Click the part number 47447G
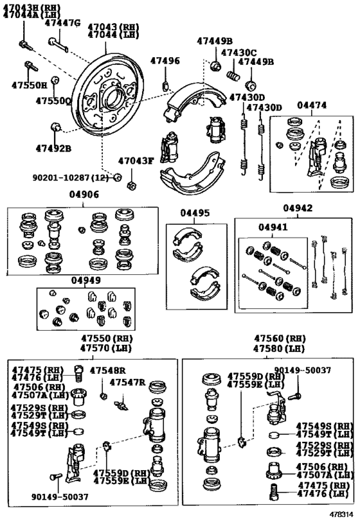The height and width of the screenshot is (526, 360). [x=63, y=23]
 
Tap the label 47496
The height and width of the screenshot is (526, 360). [x=165, y=61]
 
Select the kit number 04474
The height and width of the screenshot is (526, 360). [x=312, y=105]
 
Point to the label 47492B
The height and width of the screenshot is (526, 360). [x=54, y=148]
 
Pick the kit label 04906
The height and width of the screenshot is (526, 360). [x=84, y=195]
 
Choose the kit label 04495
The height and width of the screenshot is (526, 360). [x=195, y=213]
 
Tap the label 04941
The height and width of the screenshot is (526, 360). [x=273, y=227]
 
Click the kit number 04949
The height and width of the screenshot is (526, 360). [x=85, y=280]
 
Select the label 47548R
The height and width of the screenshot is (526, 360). [x=108, y=371]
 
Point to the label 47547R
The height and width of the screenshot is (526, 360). [x=128, y=382]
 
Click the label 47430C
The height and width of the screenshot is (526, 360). [x=239, y=53]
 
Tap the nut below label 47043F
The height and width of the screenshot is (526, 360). [x=131, y=185]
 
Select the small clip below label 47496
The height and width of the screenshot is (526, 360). [x=165, y=85]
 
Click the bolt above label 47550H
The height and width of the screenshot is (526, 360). [x=32, y=66]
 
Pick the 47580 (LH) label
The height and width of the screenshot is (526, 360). [x=279, y=349]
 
